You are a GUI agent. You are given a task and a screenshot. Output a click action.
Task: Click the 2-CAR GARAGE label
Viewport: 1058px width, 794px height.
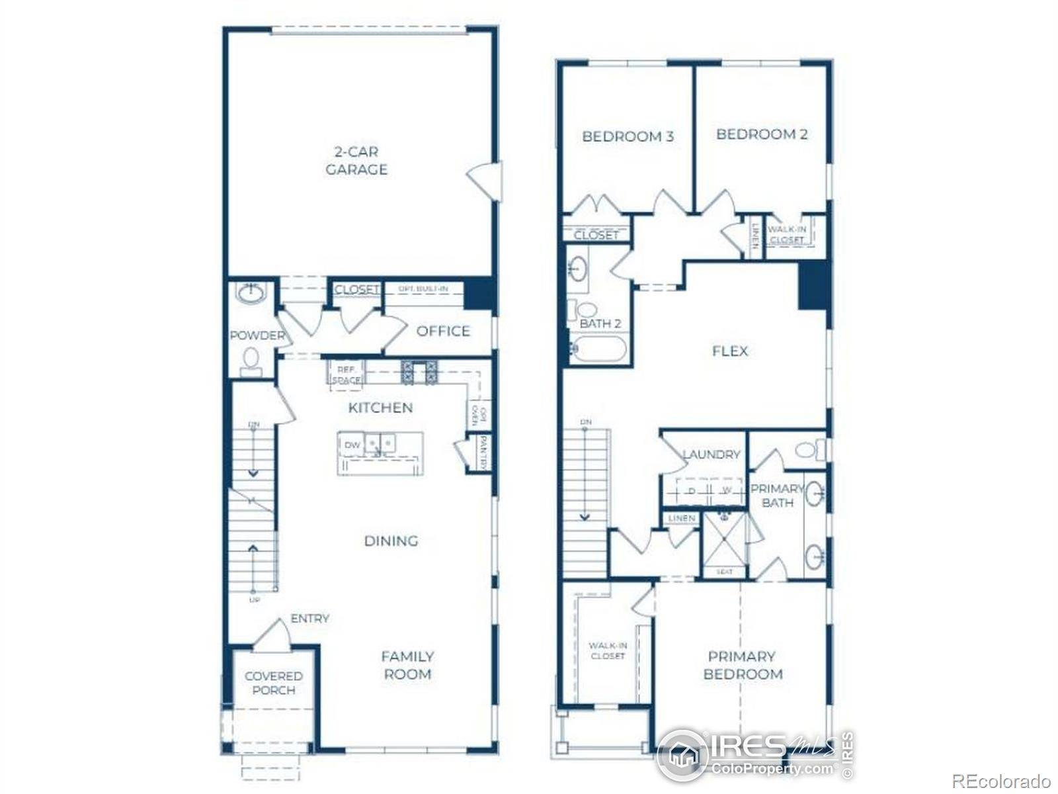tap(356, 160)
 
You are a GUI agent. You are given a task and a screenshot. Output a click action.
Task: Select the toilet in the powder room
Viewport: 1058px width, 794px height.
tap(251, 359)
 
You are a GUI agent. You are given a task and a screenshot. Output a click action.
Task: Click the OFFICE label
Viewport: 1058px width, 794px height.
tap(443, 331)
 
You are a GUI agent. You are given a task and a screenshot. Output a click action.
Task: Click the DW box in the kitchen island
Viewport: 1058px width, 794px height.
tap(352, 445)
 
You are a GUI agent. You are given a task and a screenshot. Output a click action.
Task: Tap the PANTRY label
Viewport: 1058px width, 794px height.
tap(483, 453)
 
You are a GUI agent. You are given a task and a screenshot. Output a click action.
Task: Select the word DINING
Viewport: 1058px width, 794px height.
tap(391, 541)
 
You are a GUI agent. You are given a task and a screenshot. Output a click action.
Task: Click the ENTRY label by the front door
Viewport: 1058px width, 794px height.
tap(309, 619)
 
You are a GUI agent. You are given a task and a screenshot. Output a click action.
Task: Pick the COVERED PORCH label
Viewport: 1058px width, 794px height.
tap(273, 683)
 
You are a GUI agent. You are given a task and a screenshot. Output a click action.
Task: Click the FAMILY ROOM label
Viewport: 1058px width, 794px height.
tap(407, 665)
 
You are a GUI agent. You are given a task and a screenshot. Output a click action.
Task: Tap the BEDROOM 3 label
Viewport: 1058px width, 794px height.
tap(628, 137)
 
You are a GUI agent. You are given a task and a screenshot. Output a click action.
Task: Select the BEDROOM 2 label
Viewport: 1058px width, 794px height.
tap(762, 134)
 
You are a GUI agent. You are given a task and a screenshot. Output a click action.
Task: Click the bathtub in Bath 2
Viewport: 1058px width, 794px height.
tap(597, 349)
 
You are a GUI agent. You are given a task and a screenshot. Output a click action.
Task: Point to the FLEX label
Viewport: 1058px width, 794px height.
tap(730, 351)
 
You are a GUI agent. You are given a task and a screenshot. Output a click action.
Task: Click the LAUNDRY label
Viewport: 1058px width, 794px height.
tap(711, 455)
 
